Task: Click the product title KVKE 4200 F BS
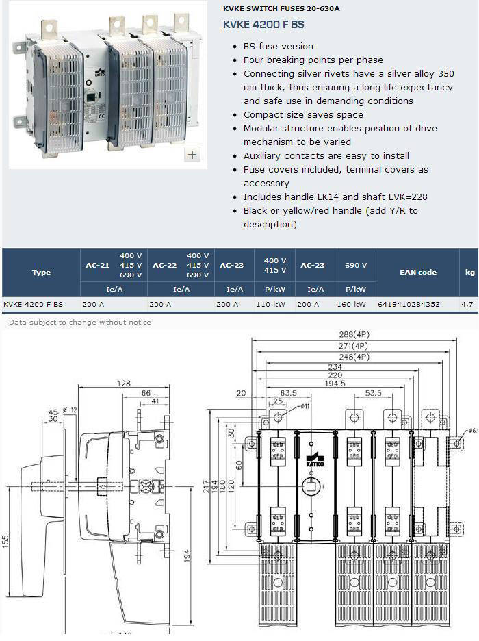point(263,25)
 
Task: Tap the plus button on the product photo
point(192,155)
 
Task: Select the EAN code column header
point(417,272)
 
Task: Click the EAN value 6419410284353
point(409,304)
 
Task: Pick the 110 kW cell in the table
point(271,304)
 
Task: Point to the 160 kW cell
point(351,304)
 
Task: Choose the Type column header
point(41,272)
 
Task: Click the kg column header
point(470,273)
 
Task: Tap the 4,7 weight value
point(467,304)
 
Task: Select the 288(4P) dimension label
point(354,334)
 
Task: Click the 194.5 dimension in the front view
point(335,384)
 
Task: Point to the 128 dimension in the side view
point(124,384)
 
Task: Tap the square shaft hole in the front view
point(311,486)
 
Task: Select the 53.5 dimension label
point(373,393)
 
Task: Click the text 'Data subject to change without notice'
point(80,322)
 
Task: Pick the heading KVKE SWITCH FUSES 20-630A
point(281,8)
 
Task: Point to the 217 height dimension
point(207,486)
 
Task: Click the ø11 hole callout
point(305,406)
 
